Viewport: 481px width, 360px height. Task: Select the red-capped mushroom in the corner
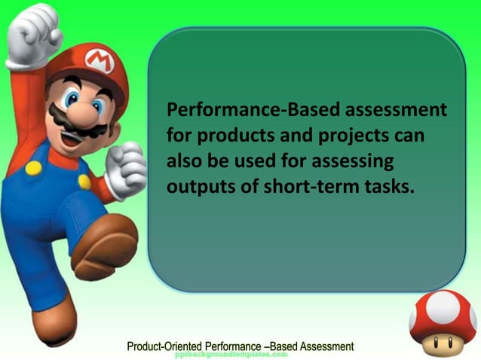pos(443,322)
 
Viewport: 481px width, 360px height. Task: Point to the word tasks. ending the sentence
pos(391,187)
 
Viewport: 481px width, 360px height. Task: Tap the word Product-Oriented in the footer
pos(169,346)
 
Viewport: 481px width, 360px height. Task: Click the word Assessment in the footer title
pos(326,346)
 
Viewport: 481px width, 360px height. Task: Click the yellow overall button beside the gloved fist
pos(84,182)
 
